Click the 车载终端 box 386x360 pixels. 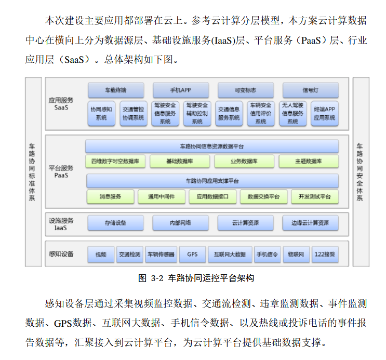[x=115, y=90]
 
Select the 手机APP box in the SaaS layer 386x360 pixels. [x=180, y=90]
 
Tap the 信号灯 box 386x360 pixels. [x=310, y=90]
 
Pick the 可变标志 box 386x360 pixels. [x=245, y=90]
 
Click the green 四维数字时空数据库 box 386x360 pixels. [x=115, y=162]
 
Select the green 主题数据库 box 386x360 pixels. [x=309, y=162]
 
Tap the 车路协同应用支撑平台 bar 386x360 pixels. [x=212, y=181]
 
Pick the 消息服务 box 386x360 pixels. [x=111, y=197]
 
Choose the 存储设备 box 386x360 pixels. [x=115, y=223]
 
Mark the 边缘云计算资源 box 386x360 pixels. [x=310, y=223]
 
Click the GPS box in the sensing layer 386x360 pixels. [x=192, y=255]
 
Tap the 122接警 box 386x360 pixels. [x=325, y=255]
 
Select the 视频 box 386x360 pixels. [x=101, y=255]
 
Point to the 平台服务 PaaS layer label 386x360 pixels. [x=61, y=172]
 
